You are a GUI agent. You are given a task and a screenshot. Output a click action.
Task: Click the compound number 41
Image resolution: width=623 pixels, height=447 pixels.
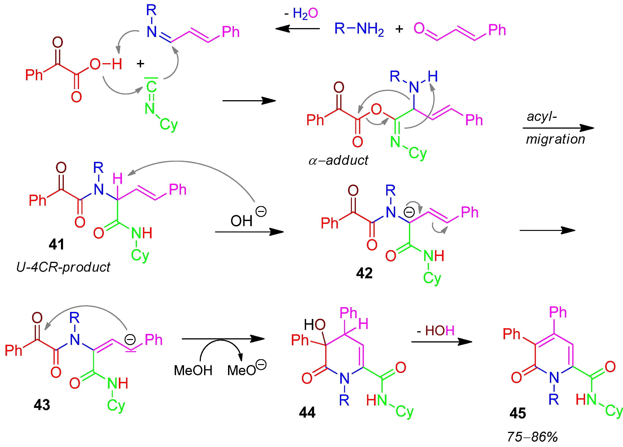57,244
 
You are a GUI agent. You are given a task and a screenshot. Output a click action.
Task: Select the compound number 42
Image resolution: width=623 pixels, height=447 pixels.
364,273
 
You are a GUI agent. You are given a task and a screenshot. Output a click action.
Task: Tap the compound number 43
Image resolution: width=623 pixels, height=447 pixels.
42,405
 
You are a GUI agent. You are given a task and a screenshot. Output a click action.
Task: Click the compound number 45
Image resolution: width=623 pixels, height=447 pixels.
517,413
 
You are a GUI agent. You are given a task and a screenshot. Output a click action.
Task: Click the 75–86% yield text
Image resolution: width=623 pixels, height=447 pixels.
532,437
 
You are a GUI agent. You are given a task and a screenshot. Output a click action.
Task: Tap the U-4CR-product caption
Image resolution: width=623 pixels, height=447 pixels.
63,267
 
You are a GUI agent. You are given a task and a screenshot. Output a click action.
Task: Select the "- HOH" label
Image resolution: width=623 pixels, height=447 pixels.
436,331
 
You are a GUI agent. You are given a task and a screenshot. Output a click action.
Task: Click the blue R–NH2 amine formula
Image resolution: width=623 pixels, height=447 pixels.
359,29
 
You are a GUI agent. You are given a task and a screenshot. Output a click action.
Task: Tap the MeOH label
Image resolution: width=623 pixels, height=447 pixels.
193,370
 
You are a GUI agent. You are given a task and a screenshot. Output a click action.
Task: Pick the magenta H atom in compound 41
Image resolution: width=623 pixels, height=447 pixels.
118,179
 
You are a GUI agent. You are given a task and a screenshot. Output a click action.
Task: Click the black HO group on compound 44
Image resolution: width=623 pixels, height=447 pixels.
314,325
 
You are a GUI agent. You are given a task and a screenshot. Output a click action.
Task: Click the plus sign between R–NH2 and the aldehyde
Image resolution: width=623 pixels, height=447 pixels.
399,29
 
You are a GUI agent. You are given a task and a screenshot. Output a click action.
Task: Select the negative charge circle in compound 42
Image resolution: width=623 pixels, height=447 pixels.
409,212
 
